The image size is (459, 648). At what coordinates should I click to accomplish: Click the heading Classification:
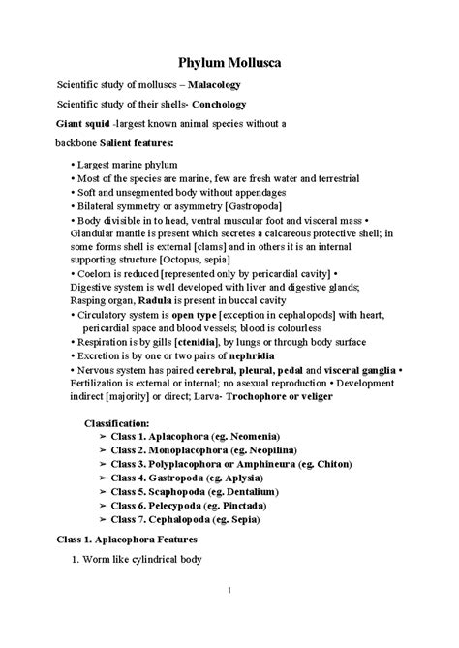[x=117, y=423]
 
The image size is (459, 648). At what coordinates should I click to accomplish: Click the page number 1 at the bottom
[x=228, y=617]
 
